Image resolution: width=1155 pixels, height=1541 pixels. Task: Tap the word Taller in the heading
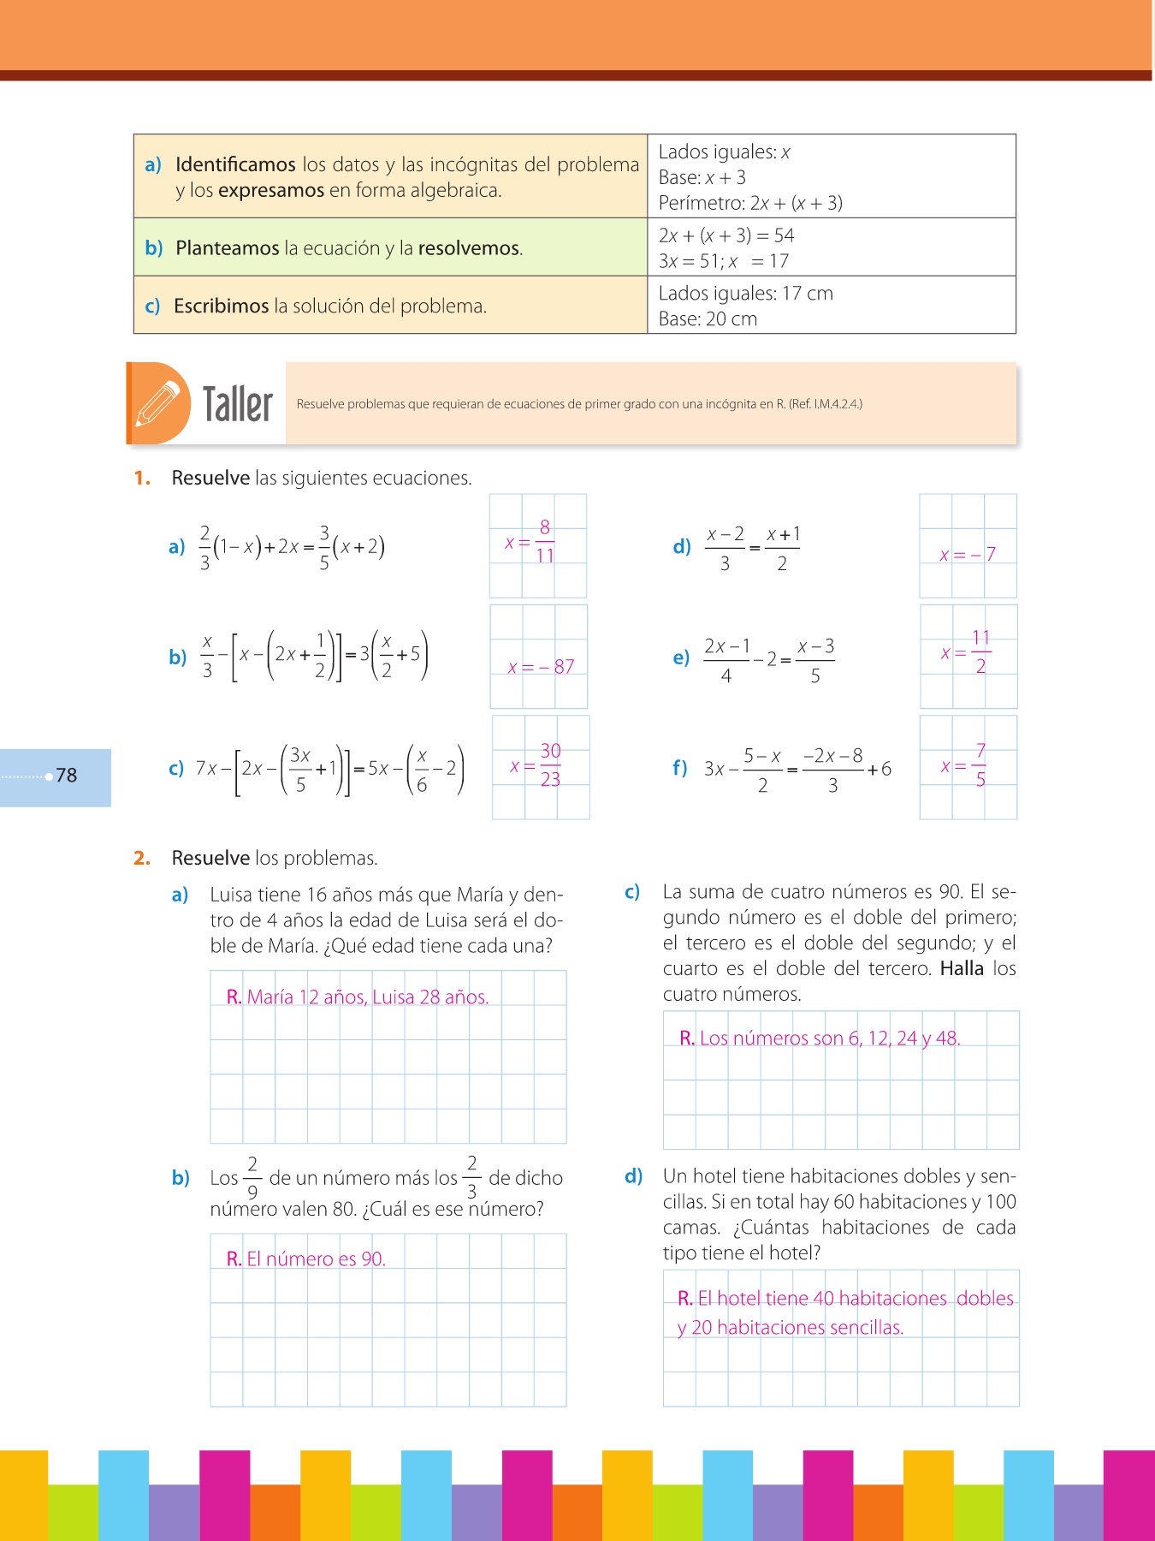[x=237, y=404]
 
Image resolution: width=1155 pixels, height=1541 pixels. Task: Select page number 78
[x=66, y=776]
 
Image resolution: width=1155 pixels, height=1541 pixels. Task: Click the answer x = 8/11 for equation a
[x=530, y=543]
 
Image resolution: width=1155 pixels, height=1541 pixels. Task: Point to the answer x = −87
[x=541, y=667]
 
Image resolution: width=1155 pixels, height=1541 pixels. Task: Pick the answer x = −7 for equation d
[x=968, y=555]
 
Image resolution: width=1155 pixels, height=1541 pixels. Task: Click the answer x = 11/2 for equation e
[x=967, y=652]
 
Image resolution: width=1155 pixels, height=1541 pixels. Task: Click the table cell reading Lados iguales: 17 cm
[x=745, y=294]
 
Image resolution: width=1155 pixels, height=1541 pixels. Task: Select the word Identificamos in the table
[x=235, y=164]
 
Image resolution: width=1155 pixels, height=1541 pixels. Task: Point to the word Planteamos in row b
[x=227, y=248]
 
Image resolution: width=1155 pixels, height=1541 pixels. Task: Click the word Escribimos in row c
[x=221, y=306]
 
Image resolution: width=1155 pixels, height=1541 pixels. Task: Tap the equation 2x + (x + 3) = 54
[x=726, y=235]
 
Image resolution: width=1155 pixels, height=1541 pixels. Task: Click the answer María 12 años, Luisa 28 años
[x=358, y=997]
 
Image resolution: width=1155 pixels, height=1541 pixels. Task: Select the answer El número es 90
[x=306, y=1259]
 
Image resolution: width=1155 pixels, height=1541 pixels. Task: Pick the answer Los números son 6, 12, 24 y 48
[x=820, y=1038]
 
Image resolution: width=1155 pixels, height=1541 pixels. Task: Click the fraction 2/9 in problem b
[x=252, y=1178]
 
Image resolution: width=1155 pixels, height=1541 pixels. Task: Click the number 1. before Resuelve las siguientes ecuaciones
[x=142, y=479]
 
